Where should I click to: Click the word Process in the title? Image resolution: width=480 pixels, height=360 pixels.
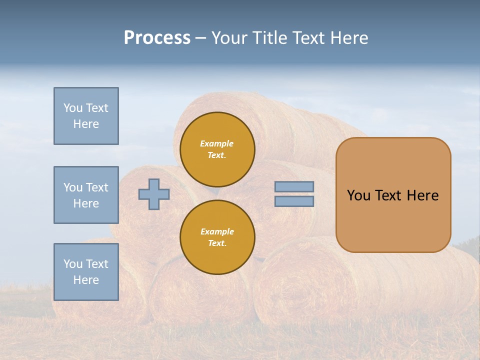click(157, 38)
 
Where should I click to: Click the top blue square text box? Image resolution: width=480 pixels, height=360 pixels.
click(86, 116)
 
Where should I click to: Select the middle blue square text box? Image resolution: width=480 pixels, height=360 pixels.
click(86, 195)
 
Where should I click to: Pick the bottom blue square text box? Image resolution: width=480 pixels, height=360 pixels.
click(86, 272)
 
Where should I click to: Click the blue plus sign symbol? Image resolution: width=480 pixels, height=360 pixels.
click(154, 194)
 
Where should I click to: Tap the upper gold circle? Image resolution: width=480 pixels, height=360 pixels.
click(217, 149)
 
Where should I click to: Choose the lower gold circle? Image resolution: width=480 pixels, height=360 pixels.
click(217, 237)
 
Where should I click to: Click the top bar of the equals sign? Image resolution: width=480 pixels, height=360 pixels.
click(294, 187)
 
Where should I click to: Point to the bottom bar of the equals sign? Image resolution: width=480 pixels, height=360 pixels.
click(294, 201)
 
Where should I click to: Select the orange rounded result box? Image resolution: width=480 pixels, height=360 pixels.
click(393, 195)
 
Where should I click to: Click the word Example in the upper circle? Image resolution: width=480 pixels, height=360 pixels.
click(217, 143)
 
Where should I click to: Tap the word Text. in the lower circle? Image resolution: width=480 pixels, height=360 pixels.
click(217, 243)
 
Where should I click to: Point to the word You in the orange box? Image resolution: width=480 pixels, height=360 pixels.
click(358, 195)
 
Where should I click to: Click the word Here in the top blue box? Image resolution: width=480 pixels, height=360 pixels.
click(86, 124)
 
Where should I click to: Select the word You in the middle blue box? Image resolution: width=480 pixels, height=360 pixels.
click(72, 187)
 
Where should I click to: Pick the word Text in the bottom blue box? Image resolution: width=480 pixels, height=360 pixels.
click(96, 264)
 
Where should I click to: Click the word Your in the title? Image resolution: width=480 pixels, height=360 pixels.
click(229, 38)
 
